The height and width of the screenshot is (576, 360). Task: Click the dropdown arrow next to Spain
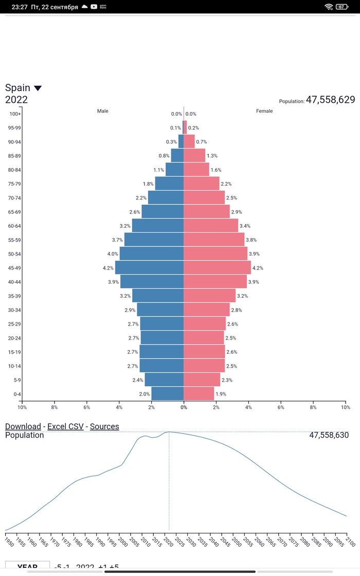click(38, 88)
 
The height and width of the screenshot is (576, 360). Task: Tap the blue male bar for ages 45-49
click(149, 267)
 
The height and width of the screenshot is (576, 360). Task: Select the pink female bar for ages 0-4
click(199, 394)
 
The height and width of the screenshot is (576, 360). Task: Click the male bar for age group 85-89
click(177, 155)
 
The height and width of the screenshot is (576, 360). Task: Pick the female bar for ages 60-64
click(211, 225)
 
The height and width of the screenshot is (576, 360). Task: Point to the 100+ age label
click(15, 114)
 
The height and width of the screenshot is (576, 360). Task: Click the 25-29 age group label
click(14, 324)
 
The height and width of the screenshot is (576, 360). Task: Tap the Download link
click(23, 426)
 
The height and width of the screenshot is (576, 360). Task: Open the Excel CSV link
click(65, 426)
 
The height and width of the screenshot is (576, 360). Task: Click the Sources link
click(104, 426)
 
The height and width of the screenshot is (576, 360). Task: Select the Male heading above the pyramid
click(103, 111)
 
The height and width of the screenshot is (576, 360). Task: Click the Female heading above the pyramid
click(264, 111)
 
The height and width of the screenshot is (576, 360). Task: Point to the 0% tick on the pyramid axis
click(184, 407)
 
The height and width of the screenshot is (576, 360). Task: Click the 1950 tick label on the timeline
click(8, 542)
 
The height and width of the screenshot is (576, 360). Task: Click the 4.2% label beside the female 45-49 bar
click(258, 268)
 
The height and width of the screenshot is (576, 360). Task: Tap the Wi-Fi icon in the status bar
click(329, 7)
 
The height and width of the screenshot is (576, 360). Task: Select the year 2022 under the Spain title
click(16, 100)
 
